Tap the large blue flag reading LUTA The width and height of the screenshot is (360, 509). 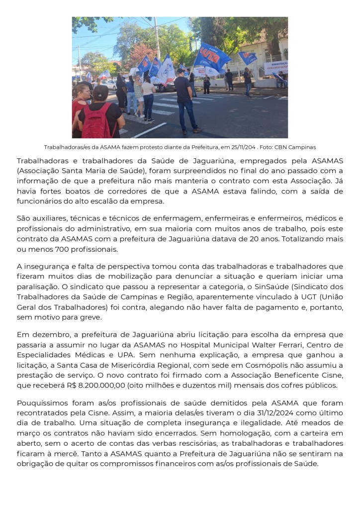click(211, 57)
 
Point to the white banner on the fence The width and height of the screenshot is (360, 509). click(276, 67)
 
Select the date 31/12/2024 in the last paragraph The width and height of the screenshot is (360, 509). click(290, 412)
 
